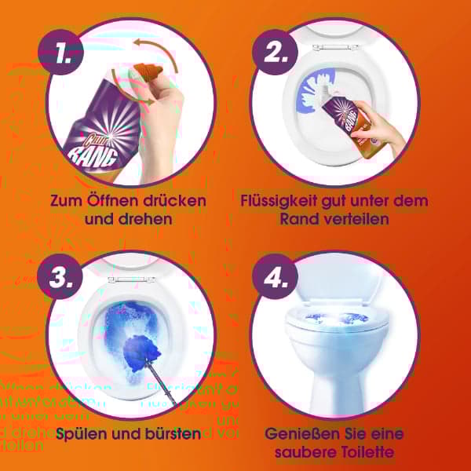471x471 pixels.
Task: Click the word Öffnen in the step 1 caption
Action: (x=115, y=201)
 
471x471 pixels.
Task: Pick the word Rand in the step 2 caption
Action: (x=298, y=219)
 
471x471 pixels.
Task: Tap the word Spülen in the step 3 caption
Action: (x=81, y=433)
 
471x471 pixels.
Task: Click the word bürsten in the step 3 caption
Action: (x=170, y=433)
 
